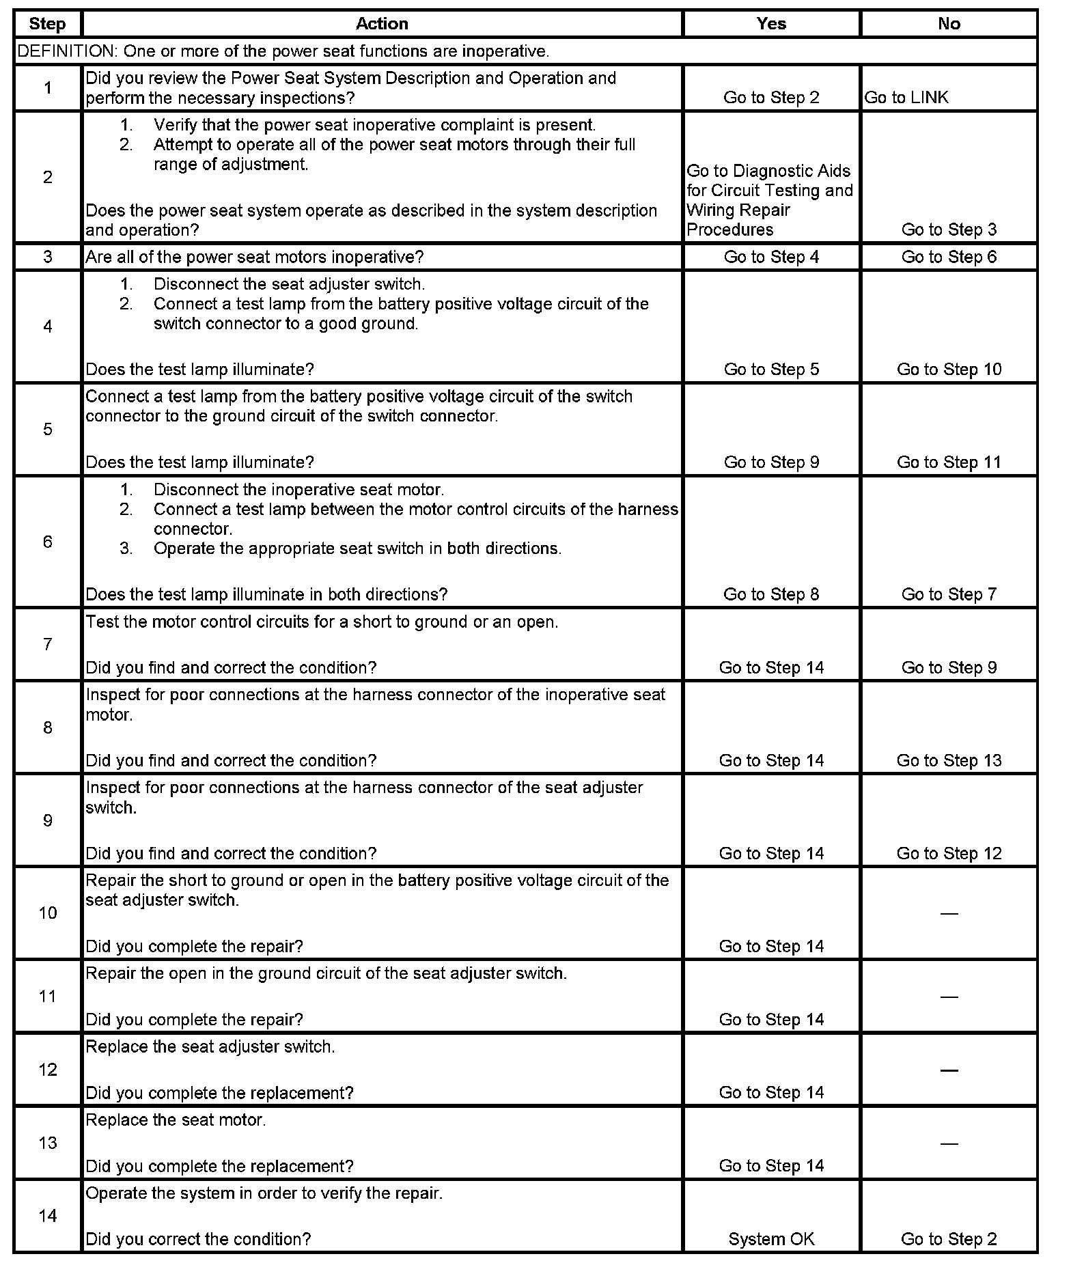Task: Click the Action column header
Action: click(382, 24)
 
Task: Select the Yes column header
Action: click(771, 24)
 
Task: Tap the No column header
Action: click(949, 24)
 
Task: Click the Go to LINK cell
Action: click(906, 98)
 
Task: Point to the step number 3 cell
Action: click(48, 257)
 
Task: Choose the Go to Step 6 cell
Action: click(949, 257)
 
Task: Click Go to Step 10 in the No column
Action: click(949, 370)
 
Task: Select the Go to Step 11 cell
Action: click(949, 462)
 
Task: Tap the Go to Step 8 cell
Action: click(771, 594)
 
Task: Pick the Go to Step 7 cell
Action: click(949, 594)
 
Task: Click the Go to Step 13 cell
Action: click(949, 761)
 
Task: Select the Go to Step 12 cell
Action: click(949, 854)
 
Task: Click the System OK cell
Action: click(771, 1239)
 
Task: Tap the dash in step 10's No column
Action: click(949, 913)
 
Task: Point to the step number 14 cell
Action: click(48, 1216)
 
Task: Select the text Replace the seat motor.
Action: click(176, 1120)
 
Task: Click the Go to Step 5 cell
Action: click(771, 370)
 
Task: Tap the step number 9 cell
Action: click(48, 820)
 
